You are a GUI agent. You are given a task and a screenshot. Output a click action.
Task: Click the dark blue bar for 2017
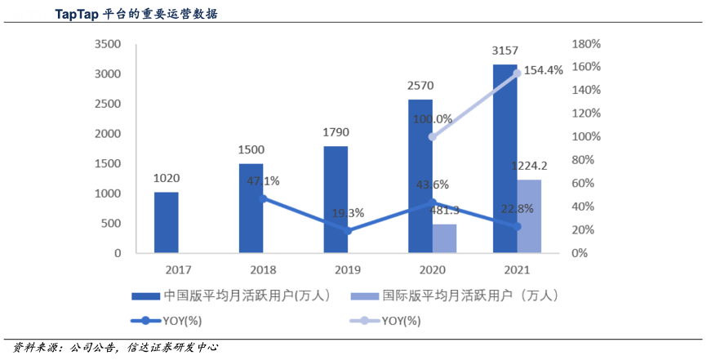[167, 222]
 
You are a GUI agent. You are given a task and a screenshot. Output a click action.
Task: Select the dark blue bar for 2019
[336, 199]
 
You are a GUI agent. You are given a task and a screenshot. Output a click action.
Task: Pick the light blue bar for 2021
[529, 216]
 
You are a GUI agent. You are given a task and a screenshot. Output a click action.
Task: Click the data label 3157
[505, 51]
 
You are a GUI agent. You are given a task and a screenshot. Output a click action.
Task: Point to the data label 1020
[167, 178]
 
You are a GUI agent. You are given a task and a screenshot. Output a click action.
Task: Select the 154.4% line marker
[517, 73]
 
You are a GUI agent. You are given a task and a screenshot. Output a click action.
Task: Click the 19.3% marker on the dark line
[348, 231]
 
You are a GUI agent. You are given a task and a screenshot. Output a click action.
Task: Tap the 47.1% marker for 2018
[263, 198]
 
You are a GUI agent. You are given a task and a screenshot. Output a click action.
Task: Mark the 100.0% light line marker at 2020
[433, 136]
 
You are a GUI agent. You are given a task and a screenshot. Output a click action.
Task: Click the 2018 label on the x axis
[251, 269]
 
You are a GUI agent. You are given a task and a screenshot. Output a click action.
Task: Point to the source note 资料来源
[33, 347]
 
